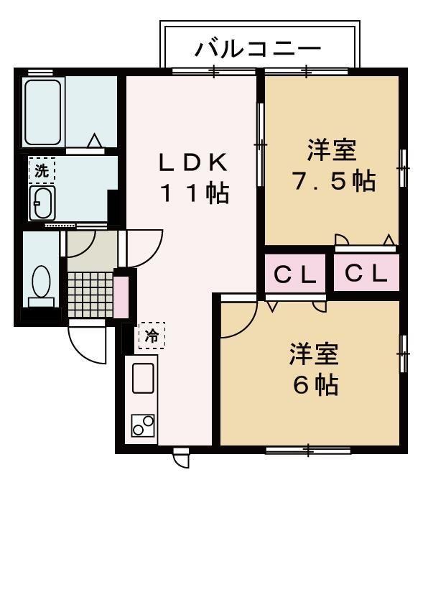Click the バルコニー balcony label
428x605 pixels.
(x=258, y=50)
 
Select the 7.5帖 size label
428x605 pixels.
(x=332, y=181)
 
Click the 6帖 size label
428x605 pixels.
(x=315, y=385)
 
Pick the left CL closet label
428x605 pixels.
(x=295, y=274)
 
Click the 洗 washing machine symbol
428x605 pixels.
(x=42, y=171)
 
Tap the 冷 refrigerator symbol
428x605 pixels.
(x=152, y=335)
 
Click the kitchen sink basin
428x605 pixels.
(x=143, y=378)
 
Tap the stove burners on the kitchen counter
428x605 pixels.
(x=143, y=425)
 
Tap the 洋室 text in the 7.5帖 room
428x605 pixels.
(x=332, y=151)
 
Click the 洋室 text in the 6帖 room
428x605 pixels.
(x=315, y=356)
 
